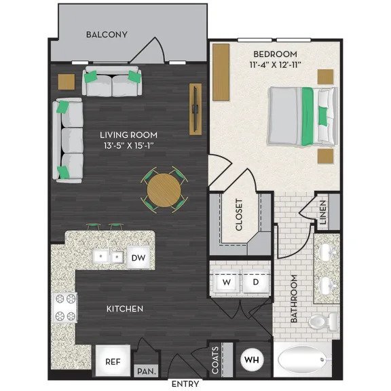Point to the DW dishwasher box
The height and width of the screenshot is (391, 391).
tap(138, 257)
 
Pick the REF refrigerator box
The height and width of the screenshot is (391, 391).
tap(112, 362)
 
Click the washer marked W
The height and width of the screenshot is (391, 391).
tap(225, 281)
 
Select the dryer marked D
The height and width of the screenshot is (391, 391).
tap(257, 281)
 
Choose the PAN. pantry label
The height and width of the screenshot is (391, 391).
tap(145, 371)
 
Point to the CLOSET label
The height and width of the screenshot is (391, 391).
tap(239, 215)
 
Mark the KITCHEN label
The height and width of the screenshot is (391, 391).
tap(125, 309)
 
